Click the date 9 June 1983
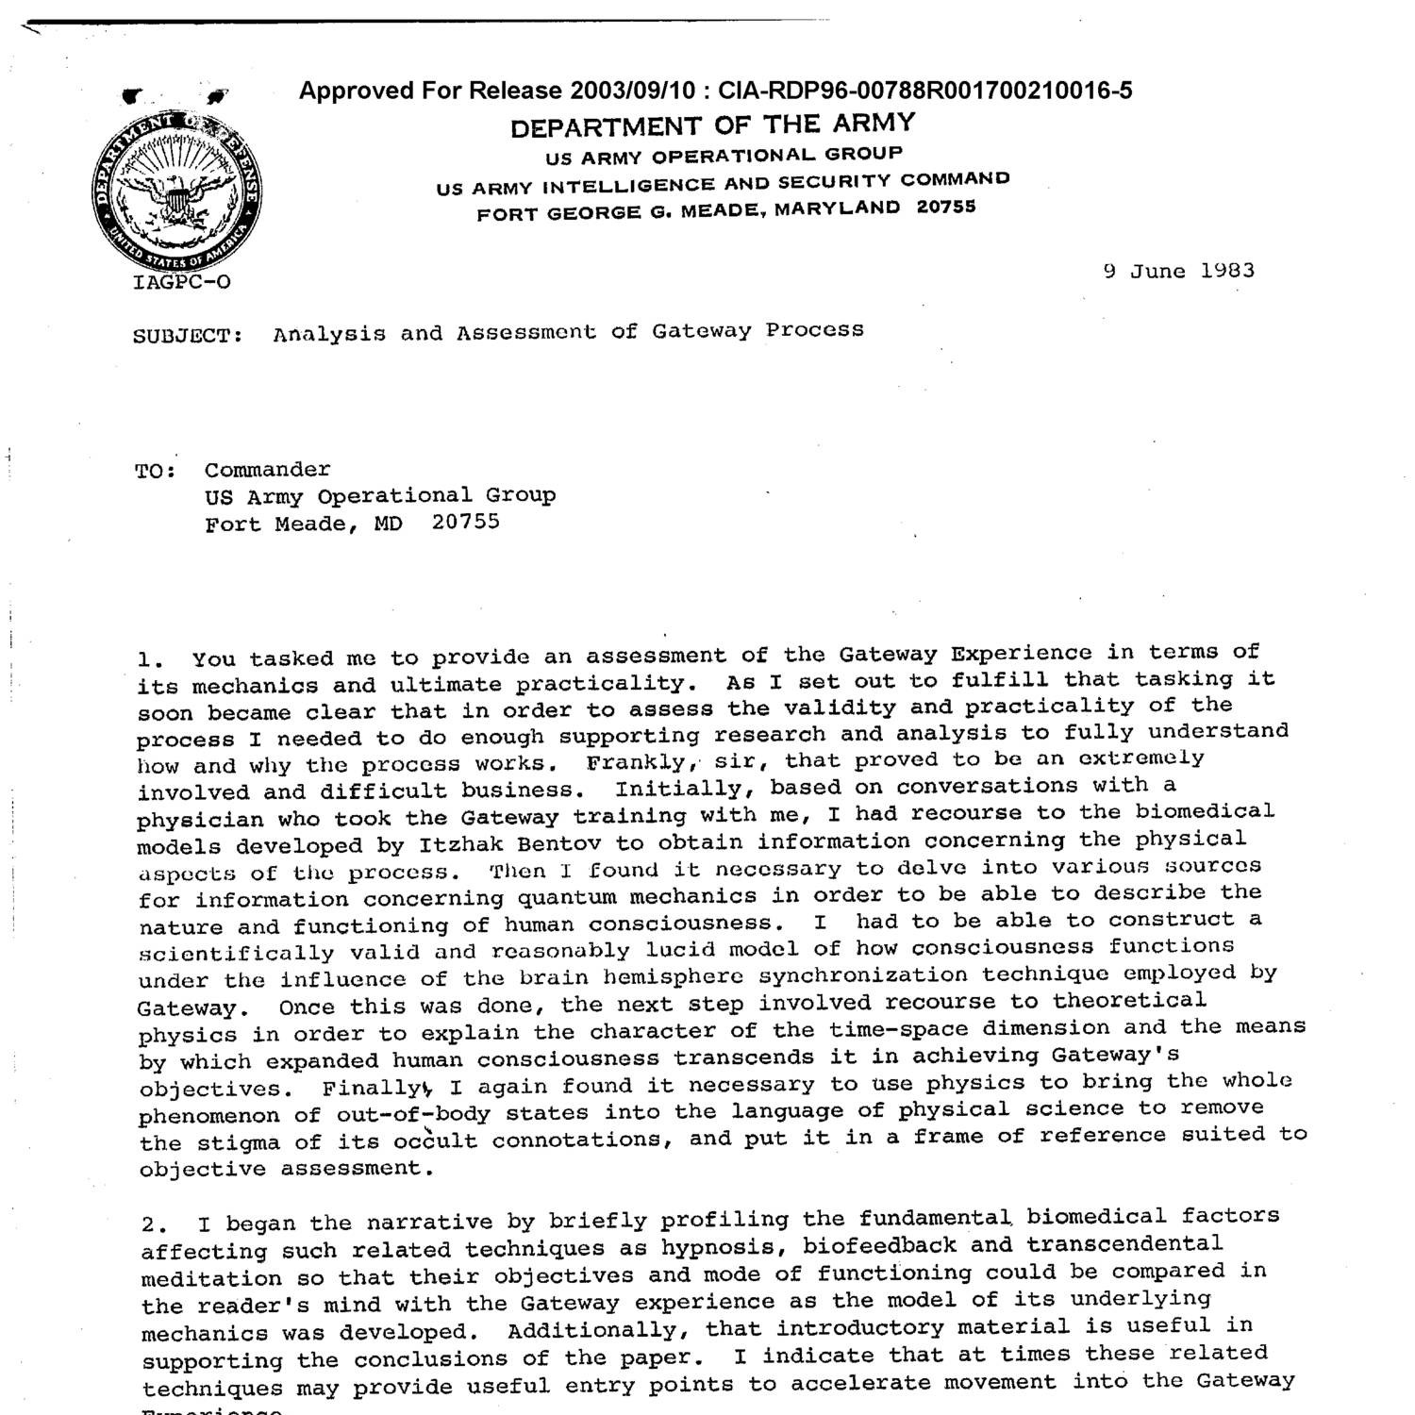[x=1178, y=271]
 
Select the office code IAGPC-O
[x=182, y=282]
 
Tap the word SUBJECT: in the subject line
[x=189, y=336]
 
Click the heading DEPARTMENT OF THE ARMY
[x=712, y=125]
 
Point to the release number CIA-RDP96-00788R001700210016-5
[x=924, y=91]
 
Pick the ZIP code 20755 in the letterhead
[x=946, y=207]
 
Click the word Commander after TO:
[x=268, y=470]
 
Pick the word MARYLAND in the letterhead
[x=837, y=208]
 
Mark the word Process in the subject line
[x=814, y=329]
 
